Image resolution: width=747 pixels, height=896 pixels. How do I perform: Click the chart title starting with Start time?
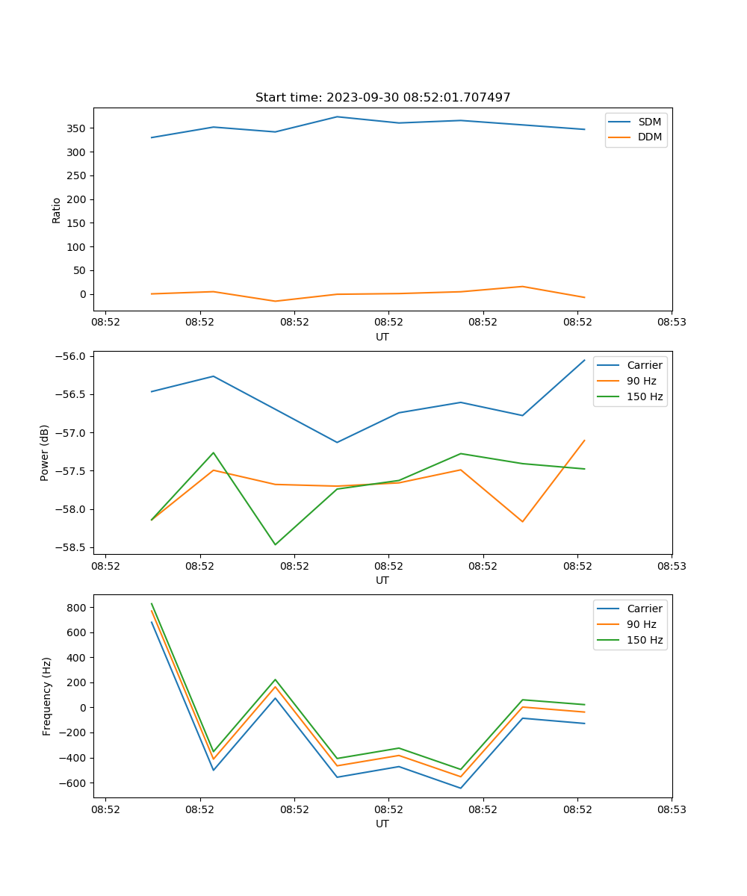click(382, 98)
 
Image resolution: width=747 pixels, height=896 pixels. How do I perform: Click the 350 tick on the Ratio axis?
click(76, 128)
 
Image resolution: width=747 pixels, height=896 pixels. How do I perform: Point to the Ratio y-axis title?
click(57, 210)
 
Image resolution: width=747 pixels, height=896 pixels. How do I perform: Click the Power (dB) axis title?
click(45, 452)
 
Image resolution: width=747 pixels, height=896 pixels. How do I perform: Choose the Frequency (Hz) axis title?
click(47, 697)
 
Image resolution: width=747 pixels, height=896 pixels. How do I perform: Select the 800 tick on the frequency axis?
click(76, 608)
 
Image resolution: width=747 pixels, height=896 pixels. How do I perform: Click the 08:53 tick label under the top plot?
click(672, 323)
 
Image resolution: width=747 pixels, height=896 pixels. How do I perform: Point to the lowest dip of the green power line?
click(275, 544)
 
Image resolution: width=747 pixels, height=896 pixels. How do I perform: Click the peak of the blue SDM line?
click(337, 116)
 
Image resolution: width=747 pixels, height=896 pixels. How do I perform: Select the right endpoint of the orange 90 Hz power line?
click(584, 441)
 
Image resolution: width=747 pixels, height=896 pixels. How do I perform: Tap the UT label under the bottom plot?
click(382, 824)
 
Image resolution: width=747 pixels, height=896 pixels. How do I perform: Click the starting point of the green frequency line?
click(152, 604)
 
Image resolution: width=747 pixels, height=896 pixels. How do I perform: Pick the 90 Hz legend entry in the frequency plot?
click(642, 624)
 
